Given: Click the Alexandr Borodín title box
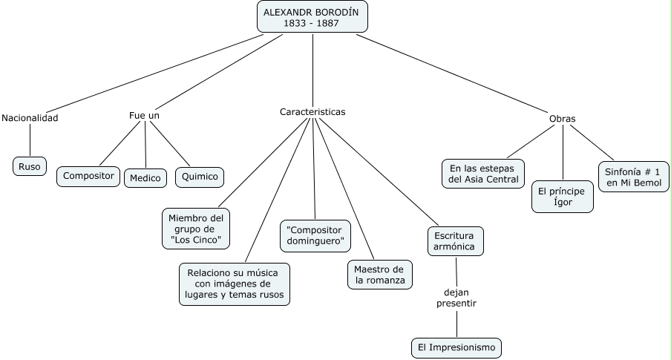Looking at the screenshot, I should point(312,17).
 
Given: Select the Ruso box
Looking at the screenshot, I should point(30,166).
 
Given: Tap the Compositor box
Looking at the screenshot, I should point(88,176).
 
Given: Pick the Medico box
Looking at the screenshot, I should point(145,178).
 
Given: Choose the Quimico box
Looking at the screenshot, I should point(199,177).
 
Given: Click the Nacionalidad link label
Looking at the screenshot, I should point(30,117).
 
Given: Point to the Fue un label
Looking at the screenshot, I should point(144,116).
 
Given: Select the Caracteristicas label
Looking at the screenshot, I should point(312,111).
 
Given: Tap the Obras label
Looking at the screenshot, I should point(562,118).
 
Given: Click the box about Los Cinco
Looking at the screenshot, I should point(196,229).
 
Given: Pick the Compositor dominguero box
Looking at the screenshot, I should point(315,235).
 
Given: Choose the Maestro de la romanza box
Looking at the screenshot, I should point(379,275).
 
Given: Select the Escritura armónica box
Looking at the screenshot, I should point(455,240).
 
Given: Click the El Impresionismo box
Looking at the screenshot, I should point(456,347).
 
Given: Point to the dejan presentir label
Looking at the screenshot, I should point(456,298).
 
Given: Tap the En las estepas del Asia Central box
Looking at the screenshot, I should point(483,173).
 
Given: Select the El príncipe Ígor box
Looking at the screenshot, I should point(563,197).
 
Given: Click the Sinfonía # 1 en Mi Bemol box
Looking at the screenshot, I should point(632,177).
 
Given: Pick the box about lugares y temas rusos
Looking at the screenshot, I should point(235,284).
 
